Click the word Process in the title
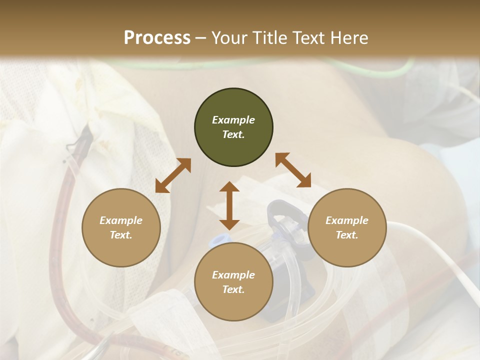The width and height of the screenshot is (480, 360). [157, 38]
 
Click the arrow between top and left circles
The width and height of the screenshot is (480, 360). [173, 175]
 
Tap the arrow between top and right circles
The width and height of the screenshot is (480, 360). [293, 170]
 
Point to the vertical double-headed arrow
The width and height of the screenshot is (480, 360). [229, 205]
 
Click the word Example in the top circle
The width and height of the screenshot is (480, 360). [233, 120]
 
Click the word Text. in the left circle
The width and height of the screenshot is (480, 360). [121, 235]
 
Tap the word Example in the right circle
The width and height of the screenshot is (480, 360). [347, 220]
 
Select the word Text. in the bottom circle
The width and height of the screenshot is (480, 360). [233, 289]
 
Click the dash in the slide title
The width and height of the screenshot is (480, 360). [201, 38]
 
